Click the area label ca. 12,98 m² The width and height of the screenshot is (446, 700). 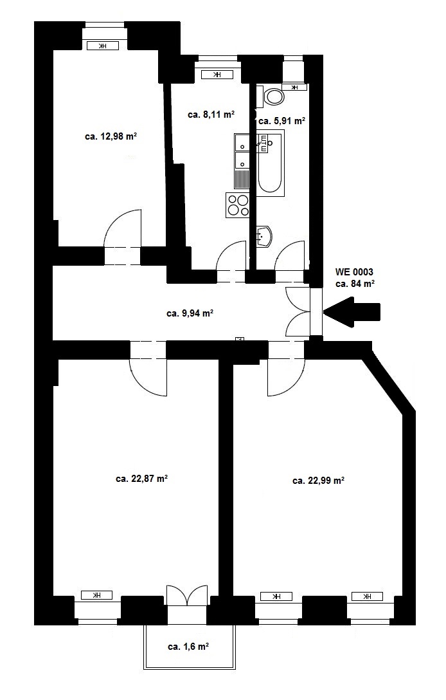pyautogui.click(x=111, y=136)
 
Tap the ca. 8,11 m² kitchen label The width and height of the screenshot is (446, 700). pyautogui.click(x=211, y=115)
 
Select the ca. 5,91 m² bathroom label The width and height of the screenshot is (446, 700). pyautogui.click(x=282, y=120)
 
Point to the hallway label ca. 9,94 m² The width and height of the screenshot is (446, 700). pyautogui.click(x=190, y=313)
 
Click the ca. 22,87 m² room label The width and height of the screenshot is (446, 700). pyautogui.click(x=141, y=479)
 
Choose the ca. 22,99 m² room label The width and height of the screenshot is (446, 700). pyautogui.click(x=319, y=481)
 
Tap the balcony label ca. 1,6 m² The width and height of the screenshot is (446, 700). pyautogui.click(x=189, y=647)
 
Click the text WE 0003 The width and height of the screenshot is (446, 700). pyautogui.click(x=354, y=272)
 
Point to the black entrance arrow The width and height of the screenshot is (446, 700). pyautogui.click(x=352, y=311)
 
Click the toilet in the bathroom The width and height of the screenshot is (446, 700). pyautogui.click(x=274, y=97)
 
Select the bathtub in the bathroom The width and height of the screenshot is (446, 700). pyautogui.click(x=270, y=163)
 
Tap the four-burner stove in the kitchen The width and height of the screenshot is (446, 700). pyautogui.click(x=238, y=205)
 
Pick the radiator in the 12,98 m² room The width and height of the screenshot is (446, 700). pyautogui.click(x=103, y=46)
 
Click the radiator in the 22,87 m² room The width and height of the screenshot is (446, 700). pyautogui.click(x=97, y=595)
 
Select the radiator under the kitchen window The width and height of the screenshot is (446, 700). pyautogui.click(x=217, y=75)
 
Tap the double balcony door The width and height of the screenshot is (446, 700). pyautogui.click(x=187, y=595)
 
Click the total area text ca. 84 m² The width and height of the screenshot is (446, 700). pyautogui.click(x=355, y=284)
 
